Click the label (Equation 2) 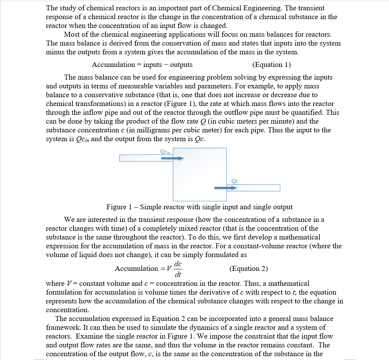point(249,268)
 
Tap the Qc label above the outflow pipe point(235,181)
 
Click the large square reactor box point(199,174)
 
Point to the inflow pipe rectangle point(145,158)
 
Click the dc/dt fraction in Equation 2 point(178,269)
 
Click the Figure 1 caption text point(199,207)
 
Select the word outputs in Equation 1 point(181,65)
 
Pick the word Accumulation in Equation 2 point(136,268)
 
